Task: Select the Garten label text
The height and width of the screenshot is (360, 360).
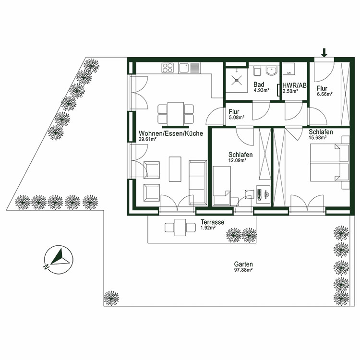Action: point(243,264)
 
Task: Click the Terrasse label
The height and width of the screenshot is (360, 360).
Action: point(212,222)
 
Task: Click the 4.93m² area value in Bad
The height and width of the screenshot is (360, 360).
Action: point(261,90)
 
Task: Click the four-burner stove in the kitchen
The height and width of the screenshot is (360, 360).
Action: point(168,68)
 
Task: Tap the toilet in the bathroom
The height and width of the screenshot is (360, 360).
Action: point(257,72)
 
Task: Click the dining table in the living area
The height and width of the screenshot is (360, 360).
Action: point(176,113)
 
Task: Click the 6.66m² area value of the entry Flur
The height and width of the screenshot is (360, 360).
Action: point(324,95)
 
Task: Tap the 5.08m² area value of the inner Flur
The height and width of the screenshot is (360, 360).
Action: point(237,117)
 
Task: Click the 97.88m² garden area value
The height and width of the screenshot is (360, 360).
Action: point(243,270)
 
